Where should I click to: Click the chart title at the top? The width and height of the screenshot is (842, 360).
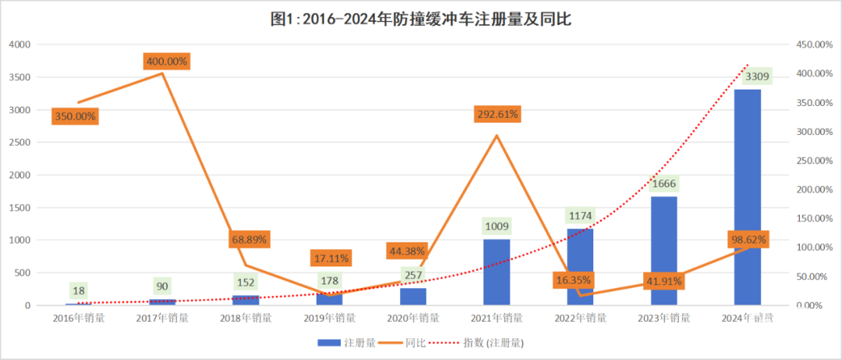(x=421, y=19)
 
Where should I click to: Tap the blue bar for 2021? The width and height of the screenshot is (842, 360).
(x=497, y=272)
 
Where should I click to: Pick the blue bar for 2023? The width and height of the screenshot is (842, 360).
(x=664, y=250)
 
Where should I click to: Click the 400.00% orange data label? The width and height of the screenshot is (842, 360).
(x=166, y=61)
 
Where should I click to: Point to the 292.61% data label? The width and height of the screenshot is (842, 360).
(x=497, y=114)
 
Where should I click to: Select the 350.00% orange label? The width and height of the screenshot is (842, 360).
(x=75, y=116)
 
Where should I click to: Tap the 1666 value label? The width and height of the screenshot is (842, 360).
(x=664, y=184)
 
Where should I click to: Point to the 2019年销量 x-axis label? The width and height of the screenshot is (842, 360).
(x=330, y=318)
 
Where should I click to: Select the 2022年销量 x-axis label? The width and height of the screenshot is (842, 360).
(x=581, y=318)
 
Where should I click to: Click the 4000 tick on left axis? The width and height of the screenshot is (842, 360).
(x=19, y=44)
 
